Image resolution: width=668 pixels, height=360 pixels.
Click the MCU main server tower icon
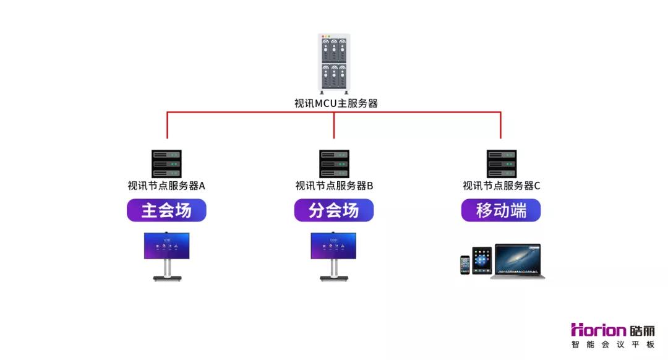tap(334, 64)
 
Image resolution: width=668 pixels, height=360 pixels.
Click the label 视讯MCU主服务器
tap(336, 103)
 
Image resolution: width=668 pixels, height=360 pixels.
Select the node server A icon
tap(166, 163)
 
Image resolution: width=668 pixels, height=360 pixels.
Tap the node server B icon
tap(334, 163)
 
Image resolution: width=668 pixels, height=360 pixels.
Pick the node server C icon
tap(502, 163)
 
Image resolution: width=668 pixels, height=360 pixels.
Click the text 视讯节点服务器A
tap(166, 186)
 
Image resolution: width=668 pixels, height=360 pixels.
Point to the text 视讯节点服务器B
tap(335, 186)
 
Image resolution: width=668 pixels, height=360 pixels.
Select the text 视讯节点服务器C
tap(502, 186)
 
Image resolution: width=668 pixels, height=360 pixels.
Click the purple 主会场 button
tap(166, 210)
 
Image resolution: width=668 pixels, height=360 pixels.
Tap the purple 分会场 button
tap(334, 210)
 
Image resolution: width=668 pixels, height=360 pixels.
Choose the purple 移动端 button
tap(501, 210)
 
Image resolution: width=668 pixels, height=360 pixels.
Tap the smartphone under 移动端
tap(465, 265)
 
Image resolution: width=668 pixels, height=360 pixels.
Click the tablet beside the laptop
tap(482, 260)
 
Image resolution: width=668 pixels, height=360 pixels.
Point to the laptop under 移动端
tap(518, 262)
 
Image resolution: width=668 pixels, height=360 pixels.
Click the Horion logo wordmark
tap(598, 330)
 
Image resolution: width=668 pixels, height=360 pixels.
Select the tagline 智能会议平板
tap(612, 345)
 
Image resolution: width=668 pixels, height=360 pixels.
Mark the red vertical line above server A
tap(167, 125)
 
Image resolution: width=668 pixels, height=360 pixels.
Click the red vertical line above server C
tap(500, 125)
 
